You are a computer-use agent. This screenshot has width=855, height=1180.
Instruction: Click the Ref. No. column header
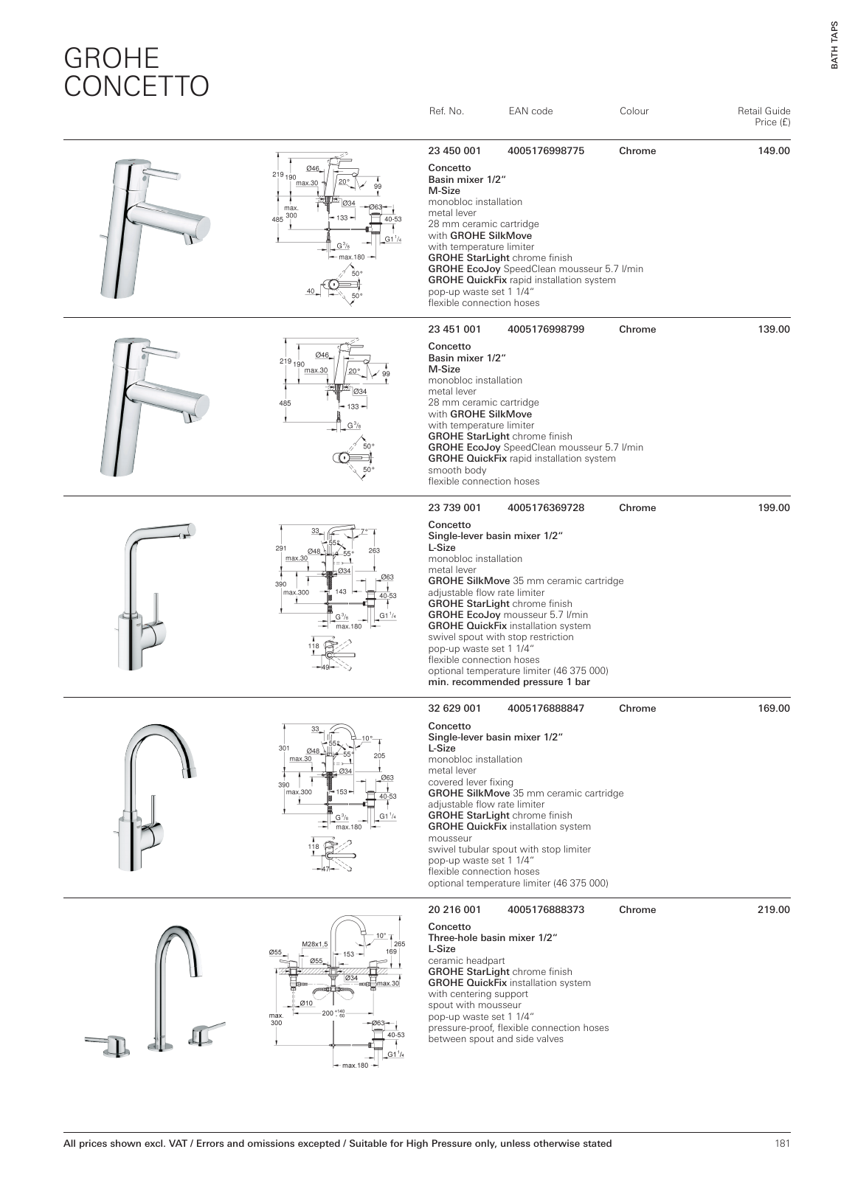click(446, 111)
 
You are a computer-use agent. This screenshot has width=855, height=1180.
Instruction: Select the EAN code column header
click(530, 111)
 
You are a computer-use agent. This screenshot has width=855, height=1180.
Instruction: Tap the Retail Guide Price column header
click(764, 117)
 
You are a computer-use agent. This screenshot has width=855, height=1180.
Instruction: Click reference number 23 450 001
click(454, 151)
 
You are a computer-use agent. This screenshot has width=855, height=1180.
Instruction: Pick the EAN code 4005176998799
click(546, 330)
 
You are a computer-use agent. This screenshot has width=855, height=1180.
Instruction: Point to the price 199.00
click(774, 508)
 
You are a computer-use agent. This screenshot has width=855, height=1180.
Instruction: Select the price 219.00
click(774, 910)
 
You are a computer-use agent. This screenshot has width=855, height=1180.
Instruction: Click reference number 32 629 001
click(454, 709)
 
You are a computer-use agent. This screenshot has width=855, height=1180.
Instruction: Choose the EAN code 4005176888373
click(546, 910)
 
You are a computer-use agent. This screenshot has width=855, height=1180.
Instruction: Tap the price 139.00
click(774, 330)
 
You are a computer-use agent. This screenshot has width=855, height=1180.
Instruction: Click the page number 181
click(782, 1144)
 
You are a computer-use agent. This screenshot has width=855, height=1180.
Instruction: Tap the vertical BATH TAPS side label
click(835, 44)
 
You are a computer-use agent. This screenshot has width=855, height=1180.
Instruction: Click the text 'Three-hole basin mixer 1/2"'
click(492, 938)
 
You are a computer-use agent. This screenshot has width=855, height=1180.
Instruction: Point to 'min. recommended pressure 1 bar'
click(509, 682)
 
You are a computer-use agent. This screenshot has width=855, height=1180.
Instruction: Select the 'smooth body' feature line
click(457, 471)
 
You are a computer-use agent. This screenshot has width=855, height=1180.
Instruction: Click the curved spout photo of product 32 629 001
click(159, 749)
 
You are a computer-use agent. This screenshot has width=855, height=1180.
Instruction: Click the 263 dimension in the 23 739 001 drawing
click(373, 550)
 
